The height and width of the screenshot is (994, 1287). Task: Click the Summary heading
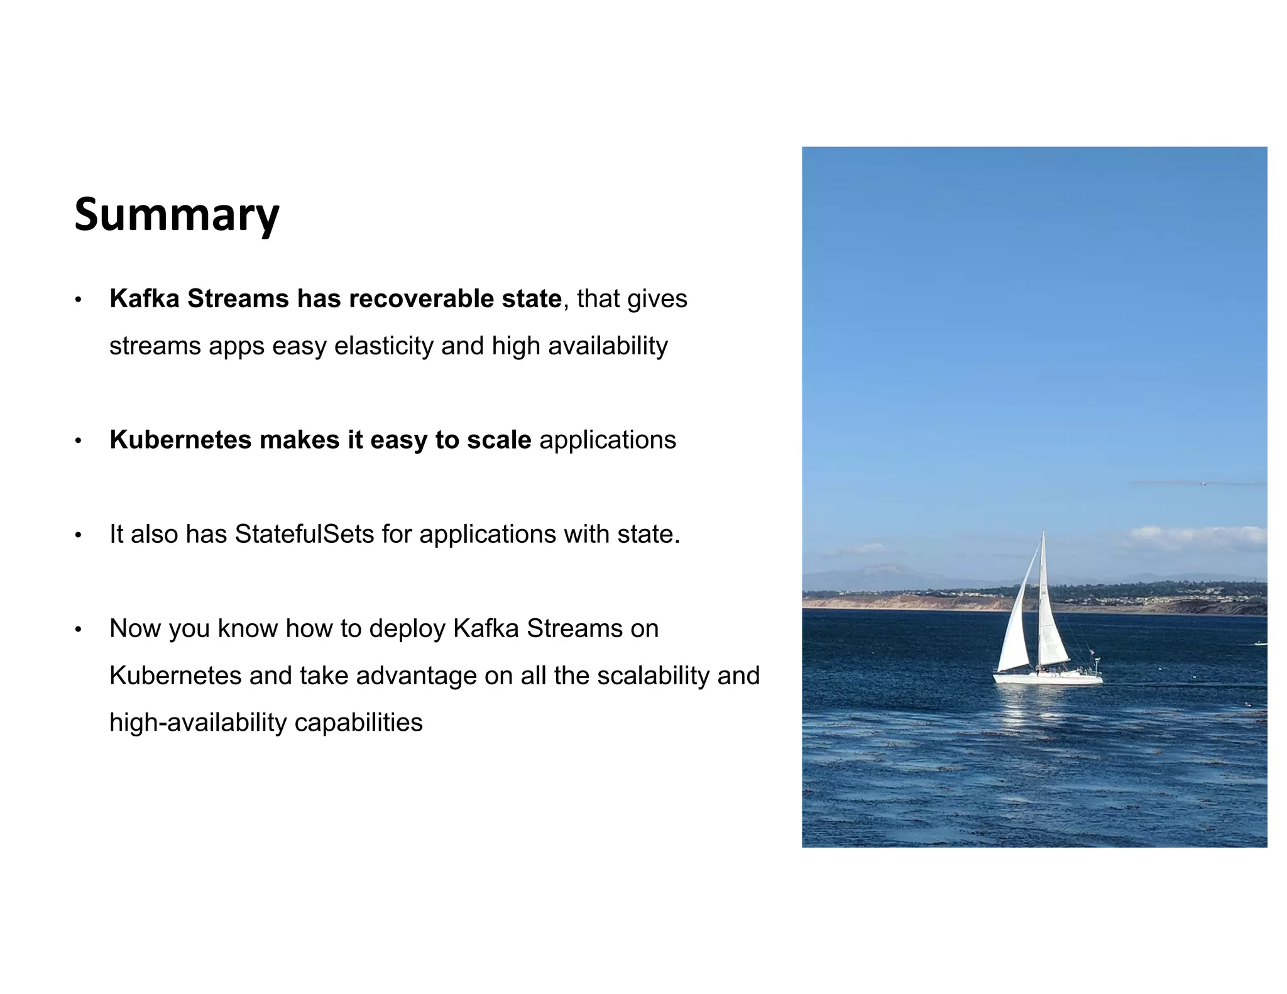coord(177,214)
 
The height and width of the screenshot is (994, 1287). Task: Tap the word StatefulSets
coord(304,534)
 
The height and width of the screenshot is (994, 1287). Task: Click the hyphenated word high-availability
coord(197,723)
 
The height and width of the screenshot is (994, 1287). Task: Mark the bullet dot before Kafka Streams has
coord(78,300)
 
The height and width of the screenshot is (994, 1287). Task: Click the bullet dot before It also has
coord(78,535)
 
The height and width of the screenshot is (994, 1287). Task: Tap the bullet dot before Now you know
coord(78,630)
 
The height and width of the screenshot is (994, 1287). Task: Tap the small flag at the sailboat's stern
coord(1092,652)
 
